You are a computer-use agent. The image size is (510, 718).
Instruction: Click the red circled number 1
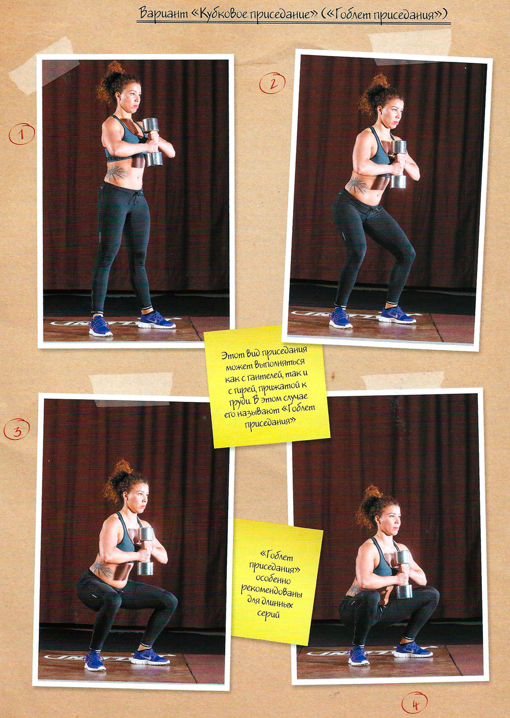pos(22,134)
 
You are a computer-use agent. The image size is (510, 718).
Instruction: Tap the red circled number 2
pos(272,83)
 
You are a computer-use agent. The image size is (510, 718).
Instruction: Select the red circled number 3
pos(17,429)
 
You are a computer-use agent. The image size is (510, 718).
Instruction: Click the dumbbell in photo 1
pos(152,141)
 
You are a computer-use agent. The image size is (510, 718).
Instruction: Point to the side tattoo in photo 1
pos(116,173)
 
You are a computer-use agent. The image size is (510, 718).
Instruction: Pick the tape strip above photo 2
pos(410,43)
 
